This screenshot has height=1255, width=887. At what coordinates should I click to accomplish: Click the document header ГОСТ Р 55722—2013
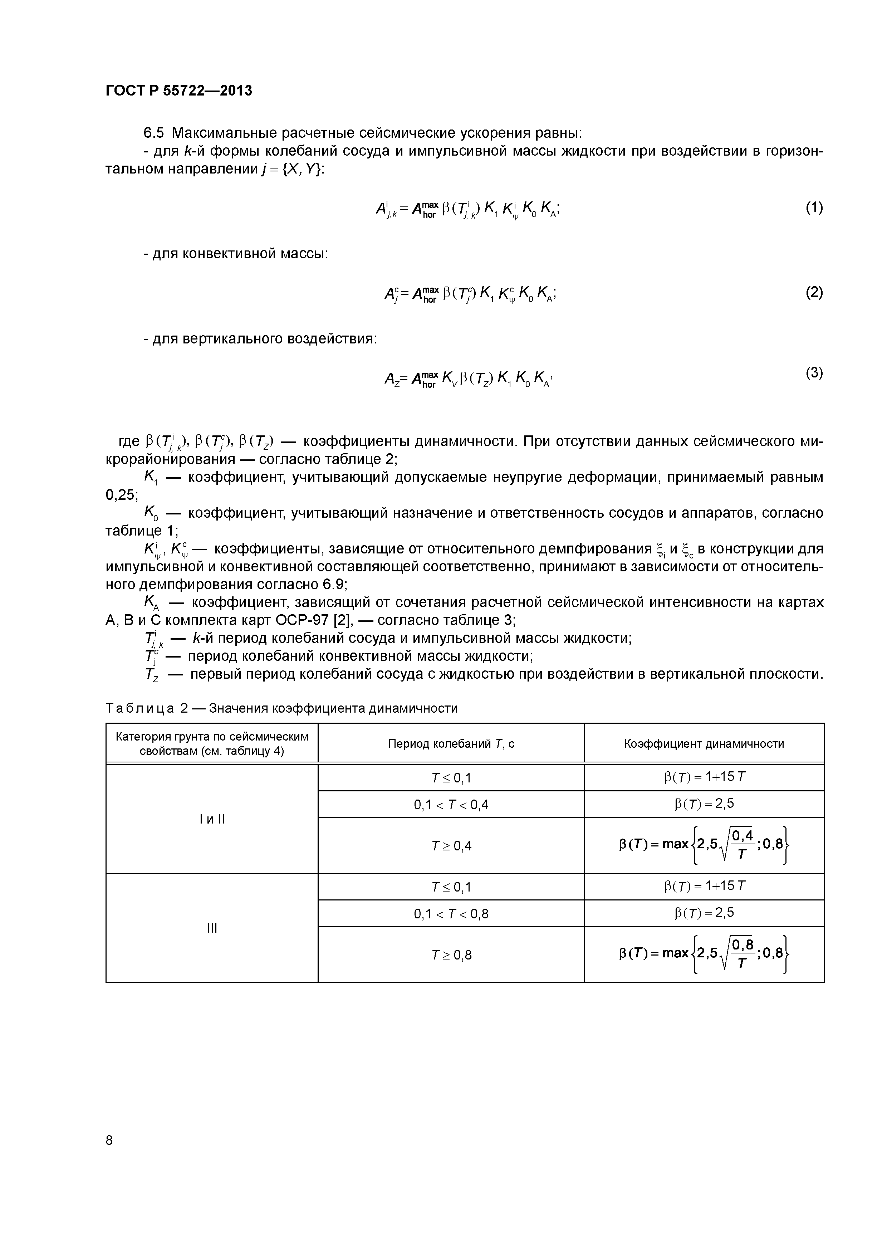pyautogui.click(x=179, y=91)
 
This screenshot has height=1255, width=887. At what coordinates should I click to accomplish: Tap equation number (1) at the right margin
pyautogui.click(x=814, y=208)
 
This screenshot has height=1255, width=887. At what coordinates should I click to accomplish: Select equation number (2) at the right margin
pyautogui.click(x=814, y=292)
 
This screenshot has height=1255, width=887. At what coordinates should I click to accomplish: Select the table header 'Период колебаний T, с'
pyautogui.click(x=451, y=743)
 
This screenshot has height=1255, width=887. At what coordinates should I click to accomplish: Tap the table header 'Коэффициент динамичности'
pyautogui.click(x=704, y=743)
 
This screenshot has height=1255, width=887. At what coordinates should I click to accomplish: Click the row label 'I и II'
pyautogui.click(x=212, y=819)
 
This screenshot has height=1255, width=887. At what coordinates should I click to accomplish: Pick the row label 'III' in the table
pyautogui.click(x=212, y=928)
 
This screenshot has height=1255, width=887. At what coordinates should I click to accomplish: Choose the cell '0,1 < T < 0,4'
pyautogui.click(x=451, y=805)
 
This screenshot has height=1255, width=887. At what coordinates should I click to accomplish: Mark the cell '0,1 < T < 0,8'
pyautogui.click(x=451, y=913)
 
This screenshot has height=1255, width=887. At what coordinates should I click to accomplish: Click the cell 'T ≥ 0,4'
pyautogui.click(x=451, y=846)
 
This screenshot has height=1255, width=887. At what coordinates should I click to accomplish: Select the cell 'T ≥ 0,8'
pyautogui.click(x=451, y=955)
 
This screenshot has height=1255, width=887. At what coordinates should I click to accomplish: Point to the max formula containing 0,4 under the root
pyautogui.click(x=704, y=845)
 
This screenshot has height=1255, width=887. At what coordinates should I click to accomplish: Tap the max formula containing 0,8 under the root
pyautogui.click(x=704, y=954)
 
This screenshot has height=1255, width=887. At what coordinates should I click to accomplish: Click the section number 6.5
pyautogui.click(x=153, y=133)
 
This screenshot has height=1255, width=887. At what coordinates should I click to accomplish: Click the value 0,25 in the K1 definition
pyautogui.click(x=121, y=495)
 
